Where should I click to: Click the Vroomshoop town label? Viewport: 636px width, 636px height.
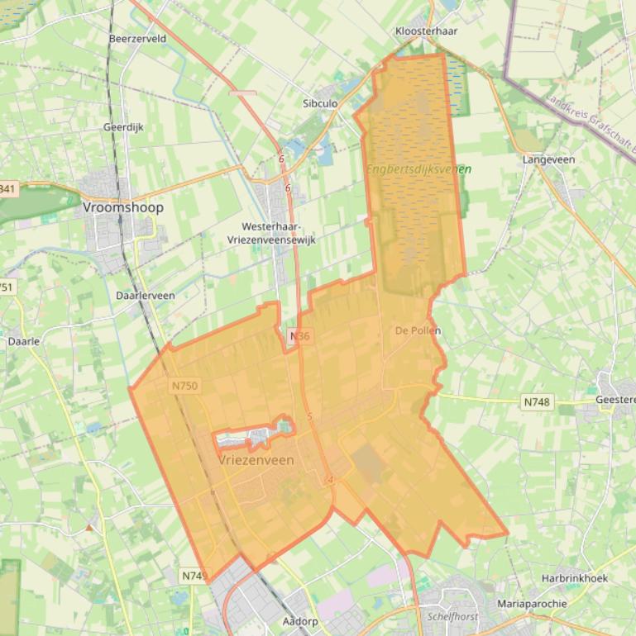[123, 208]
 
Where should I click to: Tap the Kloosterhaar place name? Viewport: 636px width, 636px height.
[427, 31]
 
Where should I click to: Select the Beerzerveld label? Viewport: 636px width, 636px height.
[137, 39]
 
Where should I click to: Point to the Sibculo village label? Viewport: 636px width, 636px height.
[320, 104]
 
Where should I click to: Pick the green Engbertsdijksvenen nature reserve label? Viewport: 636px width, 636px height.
[418, 169]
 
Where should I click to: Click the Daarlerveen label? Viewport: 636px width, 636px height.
[145, 295]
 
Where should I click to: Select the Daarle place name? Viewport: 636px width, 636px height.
[23, 340]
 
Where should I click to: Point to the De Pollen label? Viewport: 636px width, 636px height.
[418, 330]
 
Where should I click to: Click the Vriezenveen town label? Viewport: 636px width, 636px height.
[257, 460]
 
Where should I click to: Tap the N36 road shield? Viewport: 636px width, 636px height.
[299, 337]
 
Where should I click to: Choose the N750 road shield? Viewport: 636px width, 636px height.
[186, 386]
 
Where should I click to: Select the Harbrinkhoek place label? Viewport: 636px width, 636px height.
[575, 579]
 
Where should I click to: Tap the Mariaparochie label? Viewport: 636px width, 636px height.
[532, 604]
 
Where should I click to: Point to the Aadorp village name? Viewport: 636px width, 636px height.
[300, 620]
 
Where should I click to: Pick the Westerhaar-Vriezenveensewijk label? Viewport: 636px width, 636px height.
[271, 232]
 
